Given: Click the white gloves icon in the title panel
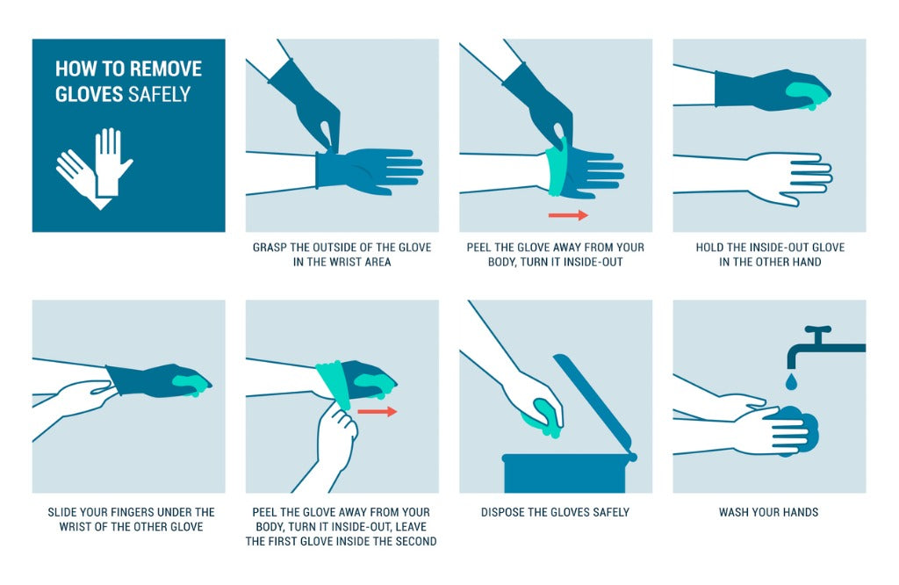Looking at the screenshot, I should [x=95, y=167].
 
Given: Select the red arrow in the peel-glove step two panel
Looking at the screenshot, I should [x=567, y=214].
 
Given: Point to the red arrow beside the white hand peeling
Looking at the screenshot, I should [x=377, y=410].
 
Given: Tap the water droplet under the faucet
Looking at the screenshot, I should [x=791, y=381].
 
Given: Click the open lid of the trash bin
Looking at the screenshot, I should [x=593, y=400].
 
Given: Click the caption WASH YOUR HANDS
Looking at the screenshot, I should [x=768, y=512].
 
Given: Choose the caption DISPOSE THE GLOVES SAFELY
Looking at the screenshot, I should [x=555, y=512].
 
